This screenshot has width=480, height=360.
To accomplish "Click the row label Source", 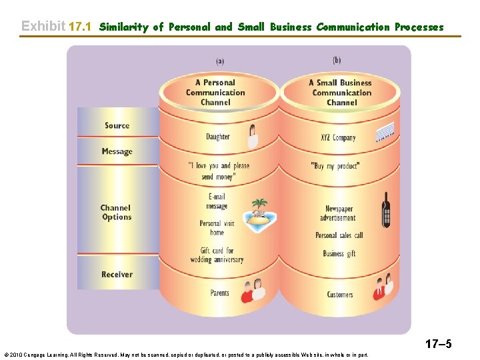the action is [x=117, y=125].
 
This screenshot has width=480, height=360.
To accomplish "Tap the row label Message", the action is [x=117, y=151].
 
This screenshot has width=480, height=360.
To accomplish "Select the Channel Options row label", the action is [x=116, y=212].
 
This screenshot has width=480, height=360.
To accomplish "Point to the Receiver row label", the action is [x=117, y=274].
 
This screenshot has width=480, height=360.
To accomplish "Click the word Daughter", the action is [x=217, y=137].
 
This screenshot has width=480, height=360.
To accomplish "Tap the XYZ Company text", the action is [x=338, y=137].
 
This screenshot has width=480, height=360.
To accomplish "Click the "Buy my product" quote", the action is [x=335, y=166].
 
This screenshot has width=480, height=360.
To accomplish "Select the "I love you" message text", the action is [x=219, y=171].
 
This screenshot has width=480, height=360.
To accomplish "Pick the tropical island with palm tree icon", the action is [x=259, y=214].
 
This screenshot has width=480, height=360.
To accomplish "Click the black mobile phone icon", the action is [x=385, y=209].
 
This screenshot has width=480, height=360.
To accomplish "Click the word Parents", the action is [x=219, y=293].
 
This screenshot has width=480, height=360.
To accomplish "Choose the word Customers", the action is [x=340, y=294].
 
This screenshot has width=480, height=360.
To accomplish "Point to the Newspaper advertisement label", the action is [x=339, y=213].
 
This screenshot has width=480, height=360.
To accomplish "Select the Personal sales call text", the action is [x=339, y=235].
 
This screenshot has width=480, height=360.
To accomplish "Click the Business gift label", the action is [x=339, y=253].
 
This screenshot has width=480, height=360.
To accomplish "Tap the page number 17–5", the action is [x=437, y=344].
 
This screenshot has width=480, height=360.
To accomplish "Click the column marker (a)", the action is [x=219, y=61].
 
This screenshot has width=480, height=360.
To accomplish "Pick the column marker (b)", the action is [x=337, y=60].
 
